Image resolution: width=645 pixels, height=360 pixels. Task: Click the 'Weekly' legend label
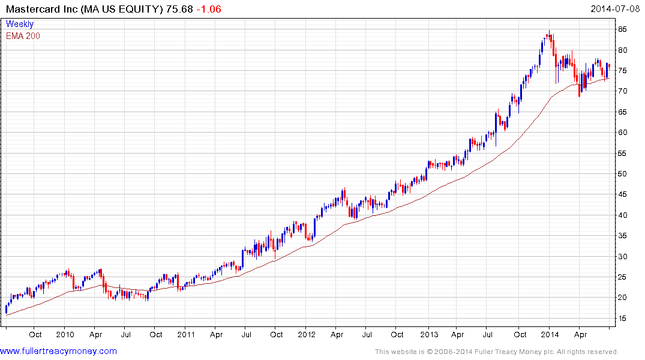20,24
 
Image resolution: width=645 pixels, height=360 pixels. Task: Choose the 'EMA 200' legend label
23,35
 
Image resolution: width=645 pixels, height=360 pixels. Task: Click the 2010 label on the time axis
65,334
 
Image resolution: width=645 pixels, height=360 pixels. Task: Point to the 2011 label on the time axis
186,334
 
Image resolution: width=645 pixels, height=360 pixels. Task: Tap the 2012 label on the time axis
307,334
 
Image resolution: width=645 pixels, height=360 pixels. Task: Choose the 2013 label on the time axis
428,334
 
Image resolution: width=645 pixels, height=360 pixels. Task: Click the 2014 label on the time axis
549,334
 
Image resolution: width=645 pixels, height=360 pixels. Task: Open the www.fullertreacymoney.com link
58,351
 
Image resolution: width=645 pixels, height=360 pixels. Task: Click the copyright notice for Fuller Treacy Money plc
496,352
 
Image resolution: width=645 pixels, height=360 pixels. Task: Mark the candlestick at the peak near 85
548,36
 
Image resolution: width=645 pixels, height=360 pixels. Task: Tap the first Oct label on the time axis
35,334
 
